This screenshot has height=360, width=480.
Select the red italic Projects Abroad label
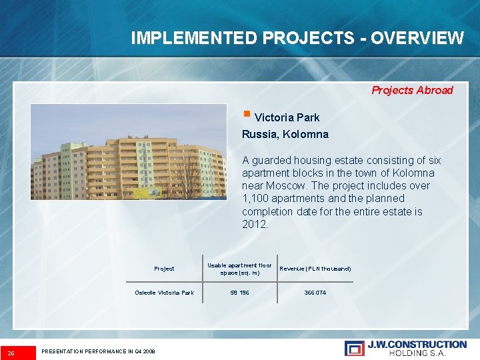click(x=412, y=90)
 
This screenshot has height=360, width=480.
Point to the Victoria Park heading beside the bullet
click(x=287, y=117)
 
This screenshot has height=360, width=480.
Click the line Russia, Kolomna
click(x=285, y=134)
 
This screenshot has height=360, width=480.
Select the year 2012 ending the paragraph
click(x=254, y=224)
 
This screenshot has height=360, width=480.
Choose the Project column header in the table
click(x=164, y=269)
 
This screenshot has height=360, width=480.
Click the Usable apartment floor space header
click(x=239, y=269)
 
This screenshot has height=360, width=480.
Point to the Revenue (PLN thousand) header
click(x=315, y=269)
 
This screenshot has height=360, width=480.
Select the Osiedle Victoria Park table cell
click(x=164, y=293)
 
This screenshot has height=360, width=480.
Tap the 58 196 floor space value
click(x=239, y=293)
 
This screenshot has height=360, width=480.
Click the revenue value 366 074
click(x=315, y=293)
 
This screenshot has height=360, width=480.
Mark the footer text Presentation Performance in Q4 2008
click(x=98, y=351)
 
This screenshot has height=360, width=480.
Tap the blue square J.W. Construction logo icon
click(x=354, y=348)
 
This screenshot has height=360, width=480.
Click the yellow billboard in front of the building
click(x=147, y=193)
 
